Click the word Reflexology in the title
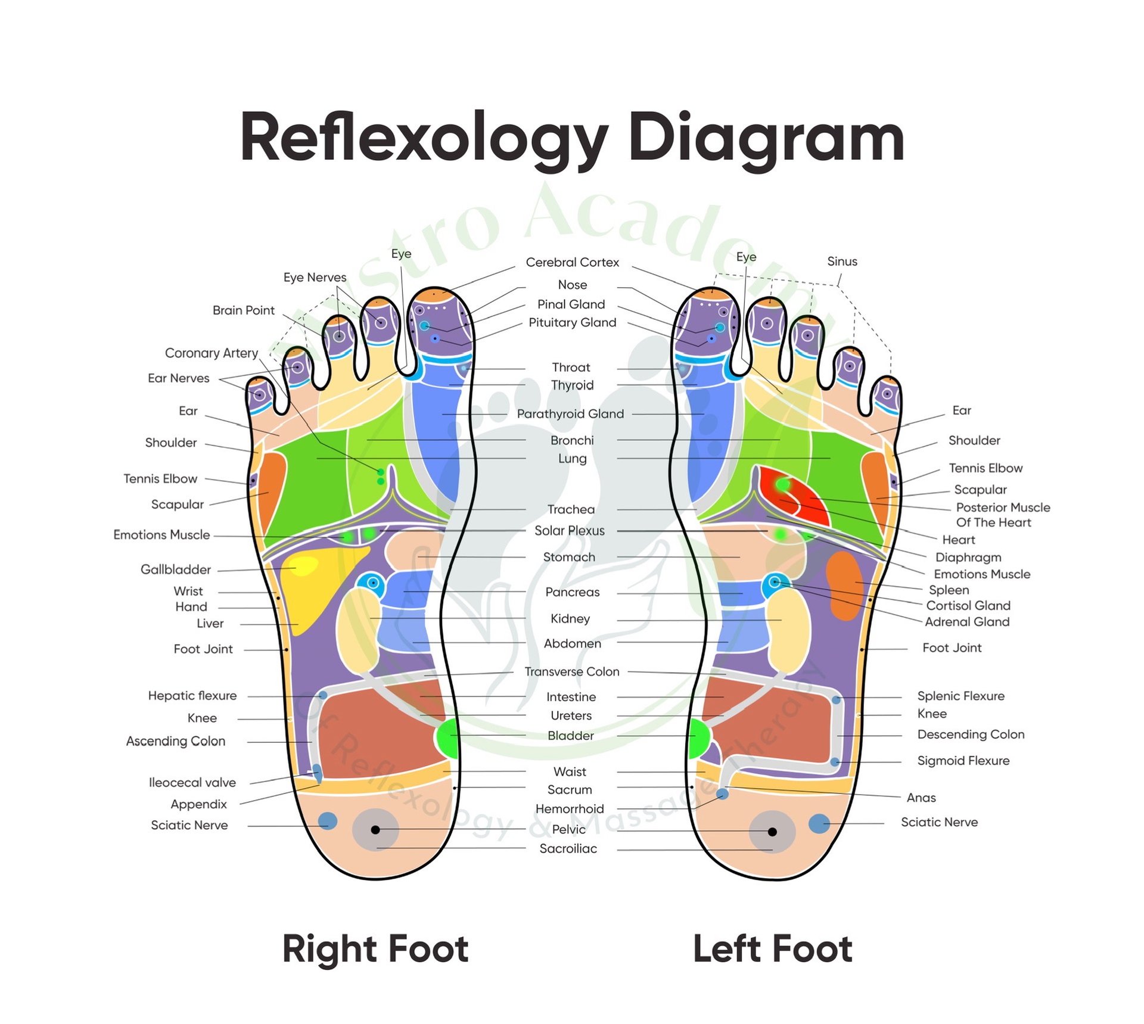pyautogui.click(x=424, y=139)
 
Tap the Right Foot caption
pyautogui.click(x=375, y=948)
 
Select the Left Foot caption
pyautogui.click(x=772, y=948)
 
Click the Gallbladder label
pyautogui.click(x=176, y=569)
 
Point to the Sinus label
pyautogui.click(x=842, y=262)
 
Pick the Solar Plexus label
pyautogui.click(x=569, y=530)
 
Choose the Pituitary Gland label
pyautogui.click(x=572, y=322)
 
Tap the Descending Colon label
pyautogui.click(x=971, y=734)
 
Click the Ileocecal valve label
pyautogui.click(x=192, y=782)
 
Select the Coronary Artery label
pyautogui.click(x=212, y=353)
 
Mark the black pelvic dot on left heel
pyautogui.click(x=772, y=832)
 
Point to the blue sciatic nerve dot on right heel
pyautogui.click(x=327, y=821)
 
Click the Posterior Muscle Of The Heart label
pyautogui.click(x=1003, y=515)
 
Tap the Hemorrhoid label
pyautogui.click(x=570, y=808)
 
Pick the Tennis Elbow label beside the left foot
pyautogui.click(x=986, y=468)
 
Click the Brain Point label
pyautogui.click(x=243, y=310)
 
